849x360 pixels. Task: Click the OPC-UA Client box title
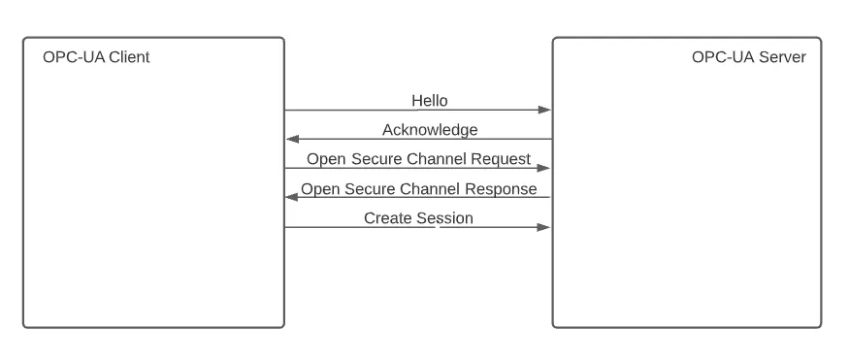(96, 57)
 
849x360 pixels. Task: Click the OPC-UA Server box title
(748, 57)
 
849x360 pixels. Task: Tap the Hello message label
(430, 100)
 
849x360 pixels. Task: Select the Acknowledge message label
(430, 129)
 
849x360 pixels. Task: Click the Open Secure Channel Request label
(418, 158)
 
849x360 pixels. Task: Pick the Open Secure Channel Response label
(418, 188)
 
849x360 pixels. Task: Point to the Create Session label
(418, 218)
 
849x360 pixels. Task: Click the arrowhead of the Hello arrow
(545, 111)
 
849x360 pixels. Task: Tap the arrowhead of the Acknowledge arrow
(291, 140)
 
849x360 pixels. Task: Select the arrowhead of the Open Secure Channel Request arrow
(545, 169)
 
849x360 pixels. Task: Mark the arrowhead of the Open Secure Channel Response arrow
(291, 198)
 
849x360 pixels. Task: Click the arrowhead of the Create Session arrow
(545, 228)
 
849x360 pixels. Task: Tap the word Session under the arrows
(444, 218)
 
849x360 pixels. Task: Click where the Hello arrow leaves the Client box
(285, 111)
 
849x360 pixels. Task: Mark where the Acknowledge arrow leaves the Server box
(552, 140)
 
